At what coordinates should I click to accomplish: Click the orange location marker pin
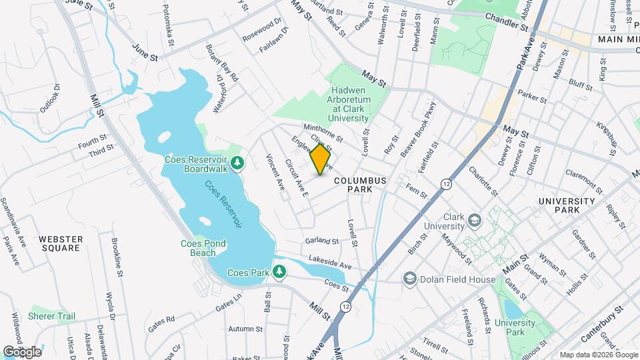321,159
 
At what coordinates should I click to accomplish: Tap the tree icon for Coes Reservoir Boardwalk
237,163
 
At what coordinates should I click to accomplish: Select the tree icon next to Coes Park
281,272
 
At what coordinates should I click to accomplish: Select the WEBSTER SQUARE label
60,243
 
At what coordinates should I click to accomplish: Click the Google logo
22,351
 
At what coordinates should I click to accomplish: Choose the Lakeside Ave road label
330,262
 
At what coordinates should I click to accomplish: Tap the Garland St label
322,240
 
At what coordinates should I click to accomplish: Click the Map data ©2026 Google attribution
597,355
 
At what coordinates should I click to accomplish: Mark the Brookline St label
118,257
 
